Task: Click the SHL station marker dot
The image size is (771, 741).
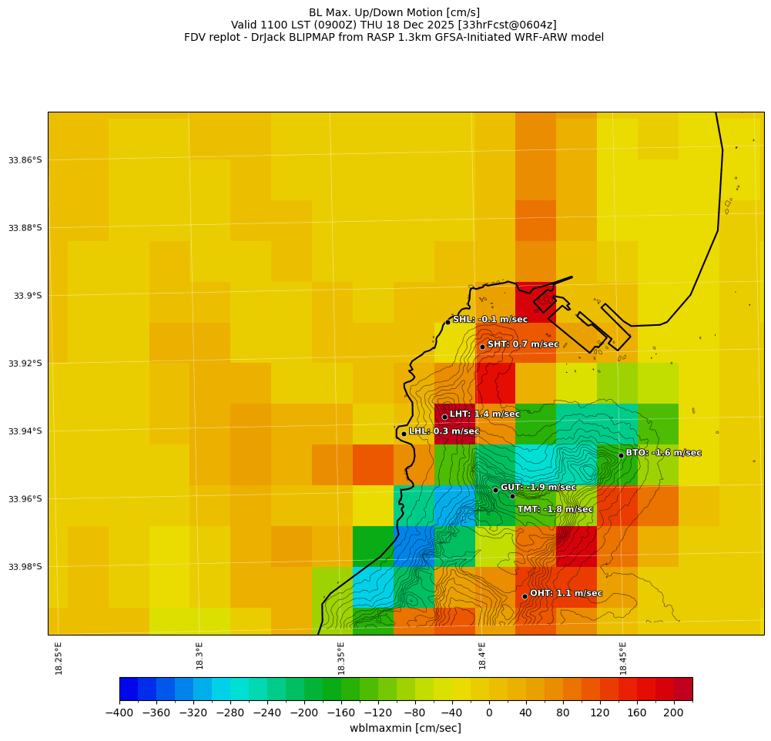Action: [x=448, y=322]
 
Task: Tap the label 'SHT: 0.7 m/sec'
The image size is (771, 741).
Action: [x=523, y=344]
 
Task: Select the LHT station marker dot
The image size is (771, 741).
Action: [x=444, y=417]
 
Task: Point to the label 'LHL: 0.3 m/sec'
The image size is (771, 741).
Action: [x=444, y=431]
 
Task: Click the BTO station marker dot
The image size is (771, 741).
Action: [x=621, y=455]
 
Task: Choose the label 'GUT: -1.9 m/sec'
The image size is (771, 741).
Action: [x=538, y=488]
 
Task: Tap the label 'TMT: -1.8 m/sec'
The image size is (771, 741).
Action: [x=555, y=509]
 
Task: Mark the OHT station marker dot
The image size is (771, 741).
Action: [x=525, y=596]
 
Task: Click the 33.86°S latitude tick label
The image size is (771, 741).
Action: [x=25, y=160]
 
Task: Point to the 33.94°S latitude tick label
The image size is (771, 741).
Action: [x=25, y=431]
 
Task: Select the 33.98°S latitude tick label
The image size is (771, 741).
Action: [x=25, y=567]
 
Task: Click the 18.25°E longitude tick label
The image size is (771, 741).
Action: [x=59, y=658]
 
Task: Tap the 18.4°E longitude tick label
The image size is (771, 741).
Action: [x=482, y=655]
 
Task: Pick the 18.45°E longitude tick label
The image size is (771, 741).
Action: [x=623, y=658]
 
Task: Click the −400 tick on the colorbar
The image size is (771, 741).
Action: [x=119, y=712]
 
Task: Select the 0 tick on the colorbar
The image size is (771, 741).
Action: [x=489, y=712]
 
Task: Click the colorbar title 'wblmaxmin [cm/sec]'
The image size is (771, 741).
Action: [x=405, y=728]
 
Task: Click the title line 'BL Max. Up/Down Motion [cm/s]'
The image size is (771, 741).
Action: [x=394, y=12]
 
